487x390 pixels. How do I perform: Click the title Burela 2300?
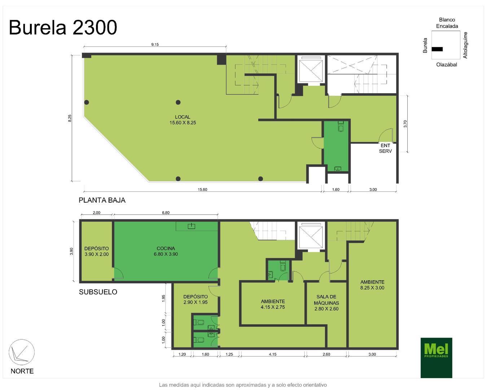pyautogui.click(x=63, y=27)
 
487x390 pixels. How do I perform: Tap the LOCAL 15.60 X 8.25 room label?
pyautogui.click(x=183, y=120)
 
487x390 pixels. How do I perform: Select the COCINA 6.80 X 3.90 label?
pyautogui.click(x=166, y=251)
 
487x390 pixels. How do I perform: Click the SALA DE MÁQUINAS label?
pyautogui.click(x=326, y=303)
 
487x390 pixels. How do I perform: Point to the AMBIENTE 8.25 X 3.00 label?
pyautogui.click(x=372, y=285)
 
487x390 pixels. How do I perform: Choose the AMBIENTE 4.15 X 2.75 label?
pyautogui.click(x=273, y=304)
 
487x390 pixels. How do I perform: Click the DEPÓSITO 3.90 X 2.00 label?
pyautogui.click(x=96, y=251)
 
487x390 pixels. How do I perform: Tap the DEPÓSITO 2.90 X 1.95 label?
pyautogui.click(x=195, y=299)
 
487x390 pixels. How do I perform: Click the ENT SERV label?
pyautogui.click(x=385, y=148)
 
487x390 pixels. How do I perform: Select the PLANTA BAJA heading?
pyautogui.click(x=102, y=200)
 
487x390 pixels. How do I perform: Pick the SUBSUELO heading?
pyautogui.click(x=98, y=292)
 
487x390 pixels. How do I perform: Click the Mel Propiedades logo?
pyautogui.click(x=436, y=357)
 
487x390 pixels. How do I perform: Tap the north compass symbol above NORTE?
pyautogui.click(x=22, y=353)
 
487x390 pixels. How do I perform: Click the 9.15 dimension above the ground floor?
pyautogui.click(x=155, y=44)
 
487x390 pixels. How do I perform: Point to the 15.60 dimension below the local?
pyautogui.click(x=202, y=190)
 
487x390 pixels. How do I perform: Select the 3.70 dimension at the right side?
pyautogui.click(x=405, y=124)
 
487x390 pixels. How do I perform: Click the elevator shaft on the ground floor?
pyautogui.click(x=311, y=70)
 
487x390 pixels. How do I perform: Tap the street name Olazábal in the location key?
pyautogui.click(x=446, y=65)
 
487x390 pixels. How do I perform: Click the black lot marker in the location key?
pyautogui.click(x=437, y=49)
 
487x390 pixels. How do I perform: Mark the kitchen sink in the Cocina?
pyautogui.click(x=191, y=226)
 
